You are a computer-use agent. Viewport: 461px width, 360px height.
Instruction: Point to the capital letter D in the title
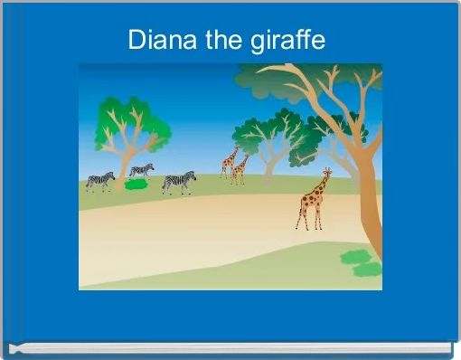[136, 41]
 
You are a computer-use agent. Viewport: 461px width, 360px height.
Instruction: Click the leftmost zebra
[99, 181]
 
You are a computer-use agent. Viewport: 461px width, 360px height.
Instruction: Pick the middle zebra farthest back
[141, 169]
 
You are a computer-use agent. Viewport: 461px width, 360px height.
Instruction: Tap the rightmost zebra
[179, 183]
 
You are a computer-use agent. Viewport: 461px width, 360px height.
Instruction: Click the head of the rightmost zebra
[192, 175]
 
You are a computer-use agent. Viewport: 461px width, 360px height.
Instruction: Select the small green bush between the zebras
[136, 184]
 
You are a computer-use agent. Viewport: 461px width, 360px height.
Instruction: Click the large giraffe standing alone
[313, 201]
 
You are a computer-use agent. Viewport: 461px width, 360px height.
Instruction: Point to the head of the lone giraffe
[327, 171]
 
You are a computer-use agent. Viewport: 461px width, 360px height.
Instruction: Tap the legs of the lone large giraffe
[310, 217]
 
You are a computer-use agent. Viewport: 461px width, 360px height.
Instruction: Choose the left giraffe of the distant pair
[229, 163]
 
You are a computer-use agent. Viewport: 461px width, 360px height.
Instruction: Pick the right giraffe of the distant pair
[240, 169]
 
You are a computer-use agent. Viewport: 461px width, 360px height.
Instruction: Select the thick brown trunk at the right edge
[369, 199]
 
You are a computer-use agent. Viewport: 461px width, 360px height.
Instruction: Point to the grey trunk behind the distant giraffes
[268, 165]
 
